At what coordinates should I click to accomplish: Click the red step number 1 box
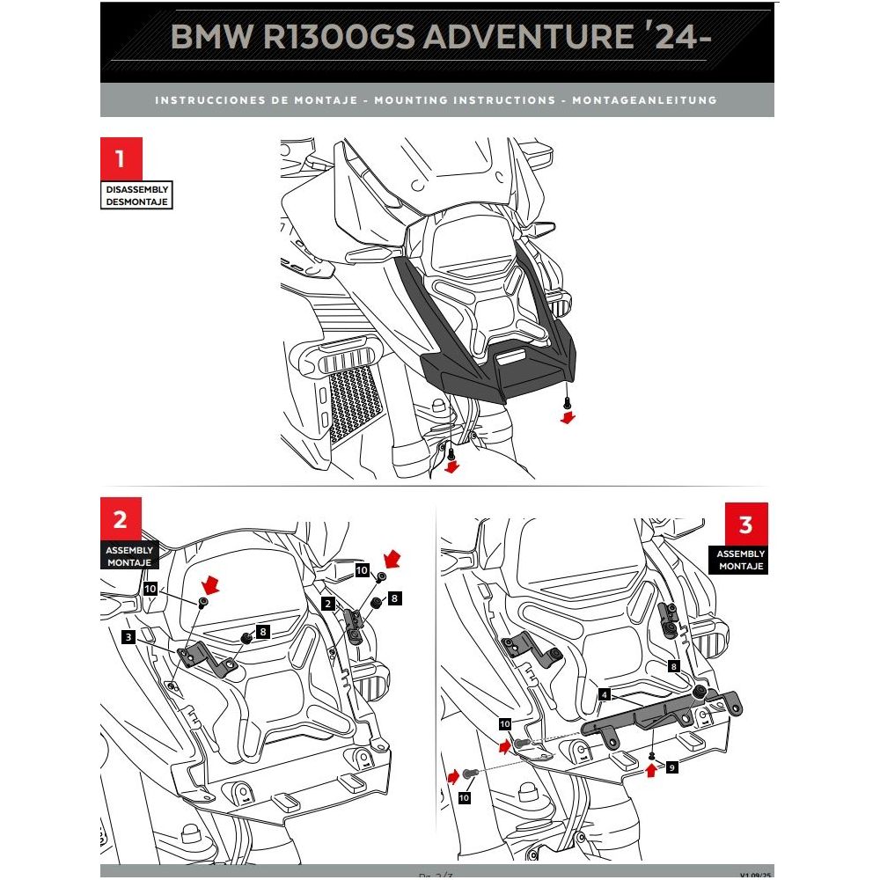[x=121, y=159]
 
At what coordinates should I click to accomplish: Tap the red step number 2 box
[x=121, y=519]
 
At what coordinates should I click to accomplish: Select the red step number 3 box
[x=745, y=524]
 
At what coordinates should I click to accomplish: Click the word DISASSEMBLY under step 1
[x=136, y=189]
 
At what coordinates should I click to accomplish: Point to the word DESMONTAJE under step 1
[x=136, y=202]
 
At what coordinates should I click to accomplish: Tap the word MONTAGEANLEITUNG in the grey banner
[x=644, y=100]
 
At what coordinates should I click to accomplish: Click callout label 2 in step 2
[x=327, y=604]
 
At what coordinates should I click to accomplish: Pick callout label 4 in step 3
[x=604, y=693]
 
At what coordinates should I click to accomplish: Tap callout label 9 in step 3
[x=672, y=767]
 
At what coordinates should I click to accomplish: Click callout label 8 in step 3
[x=674, y=667]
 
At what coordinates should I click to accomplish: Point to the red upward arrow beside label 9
[x=650, y=772]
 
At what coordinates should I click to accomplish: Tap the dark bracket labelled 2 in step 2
[x=354, y=626]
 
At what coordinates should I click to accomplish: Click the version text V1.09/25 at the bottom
[x=755, y=875]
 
